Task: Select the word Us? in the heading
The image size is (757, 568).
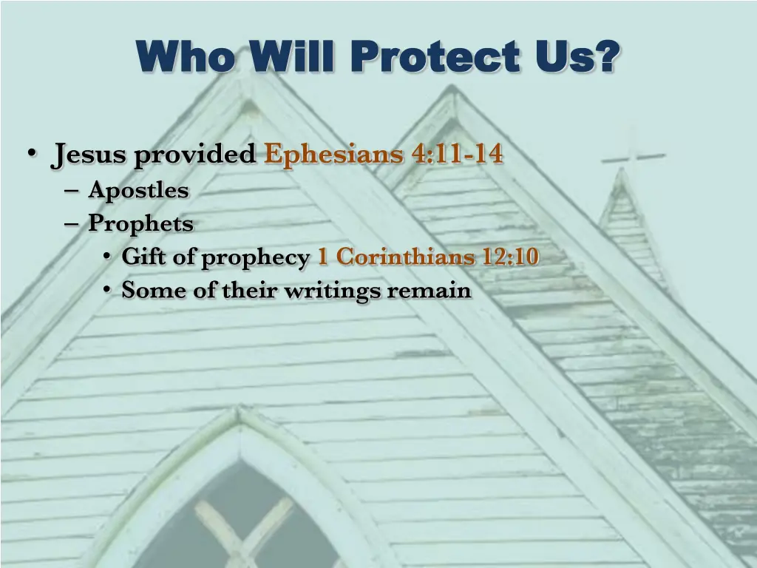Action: (x=577, y=56)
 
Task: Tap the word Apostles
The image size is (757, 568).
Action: (x=138, y=191)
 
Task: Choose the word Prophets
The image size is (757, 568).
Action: (x=140, y=223)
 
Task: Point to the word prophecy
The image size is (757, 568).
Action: (x=255, y=258)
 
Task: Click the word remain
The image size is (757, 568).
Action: (x=430, y=290)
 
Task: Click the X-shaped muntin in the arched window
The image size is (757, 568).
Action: (x=243, y=526)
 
